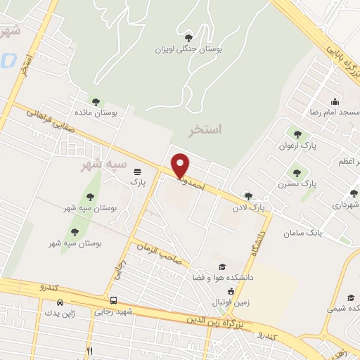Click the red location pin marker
point(181,165)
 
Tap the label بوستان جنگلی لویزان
point(188,50)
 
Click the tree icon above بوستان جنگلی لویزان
point(188,37)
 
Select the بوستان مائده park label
point(96,113)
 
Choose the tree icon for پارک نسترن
point(296,170)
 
